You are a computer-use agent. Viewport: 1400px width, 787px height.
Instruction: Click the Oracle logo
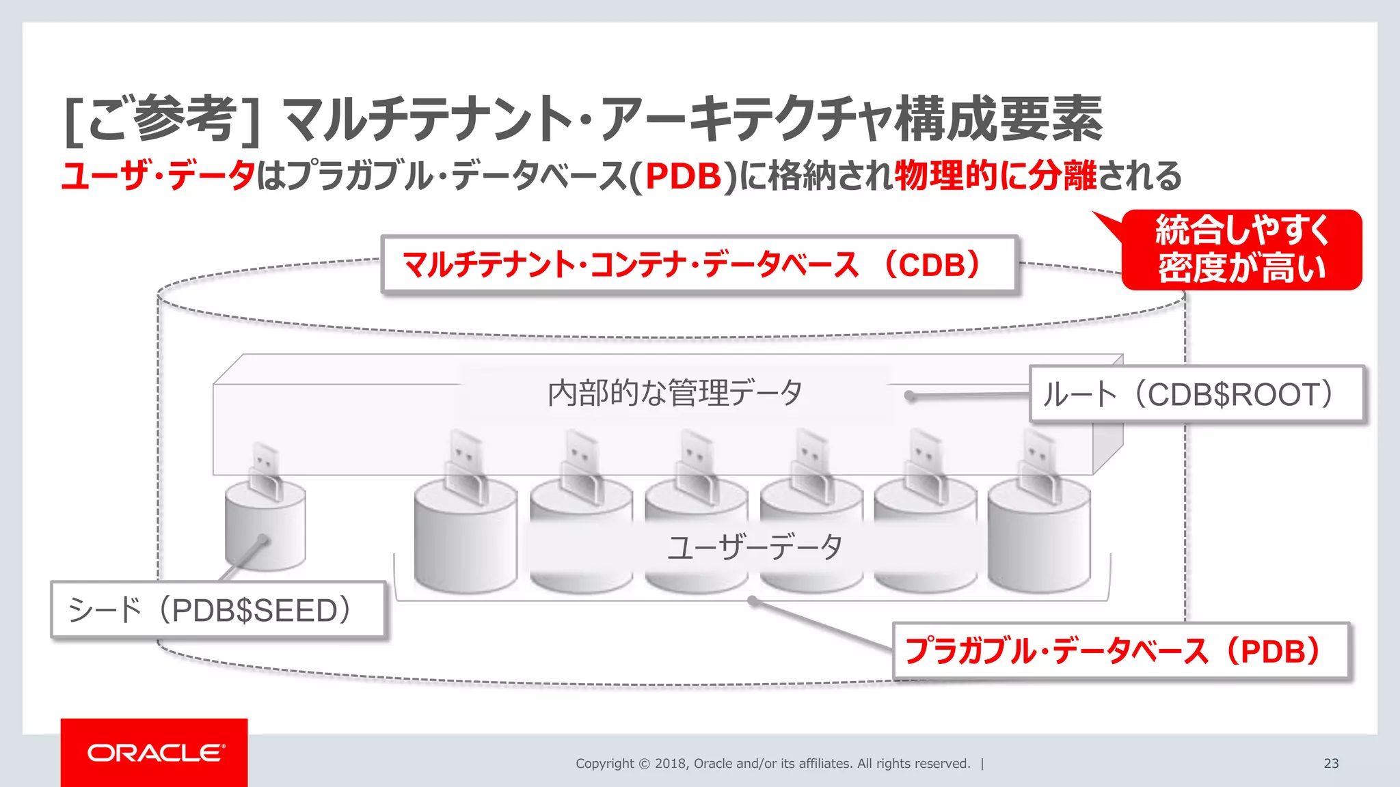[x=155, y=753]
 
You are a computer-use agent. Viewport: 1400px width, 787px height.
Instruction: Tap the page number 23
[x=1330, y=763]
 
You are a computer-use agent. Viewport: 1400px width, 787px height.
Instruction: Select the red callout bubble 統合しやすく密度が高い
[x=1241, y=249]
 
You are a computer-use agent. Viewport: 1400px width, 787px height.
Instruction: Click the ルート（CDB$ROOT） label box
[x=1196, y=394]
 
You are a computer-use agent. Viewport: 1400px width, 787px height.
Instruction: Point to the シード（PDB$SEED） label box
[x=218, y=609]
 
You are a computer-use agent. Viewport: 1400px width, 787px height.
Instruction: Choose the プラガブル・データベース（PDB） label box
[x=1120, y=650]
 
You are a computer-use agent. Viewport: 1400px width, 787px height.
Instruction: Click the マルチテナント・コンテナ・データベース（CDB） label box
[x=699, y=264]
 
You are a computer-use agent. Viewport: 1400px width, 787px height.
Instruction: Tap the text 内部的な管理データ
[x=675, y=393]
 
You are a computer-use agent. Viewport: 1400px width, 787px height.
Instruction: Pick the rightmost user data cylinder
[x=1038, y=540]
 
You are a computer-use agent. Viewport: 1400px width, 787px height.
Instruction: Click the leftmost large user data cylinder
[x=466, y=540]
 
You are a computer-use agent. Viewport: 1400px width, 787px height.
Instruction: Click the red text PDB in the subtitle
[x=683, y=176]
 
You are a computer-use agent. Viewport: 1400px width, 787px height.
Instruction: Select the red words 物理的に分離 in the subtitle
[x=995, y=176]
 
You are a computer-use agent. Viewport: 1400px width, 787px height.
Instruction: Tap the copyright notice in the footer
[x=772, y=763]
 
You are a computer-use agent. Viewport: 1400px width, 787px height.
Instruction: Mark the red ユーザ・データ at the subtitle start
[x=158, y=176]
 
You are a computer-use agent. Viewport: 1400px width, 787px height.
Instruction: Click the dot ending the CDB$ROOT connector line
[x=909, y=396]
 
